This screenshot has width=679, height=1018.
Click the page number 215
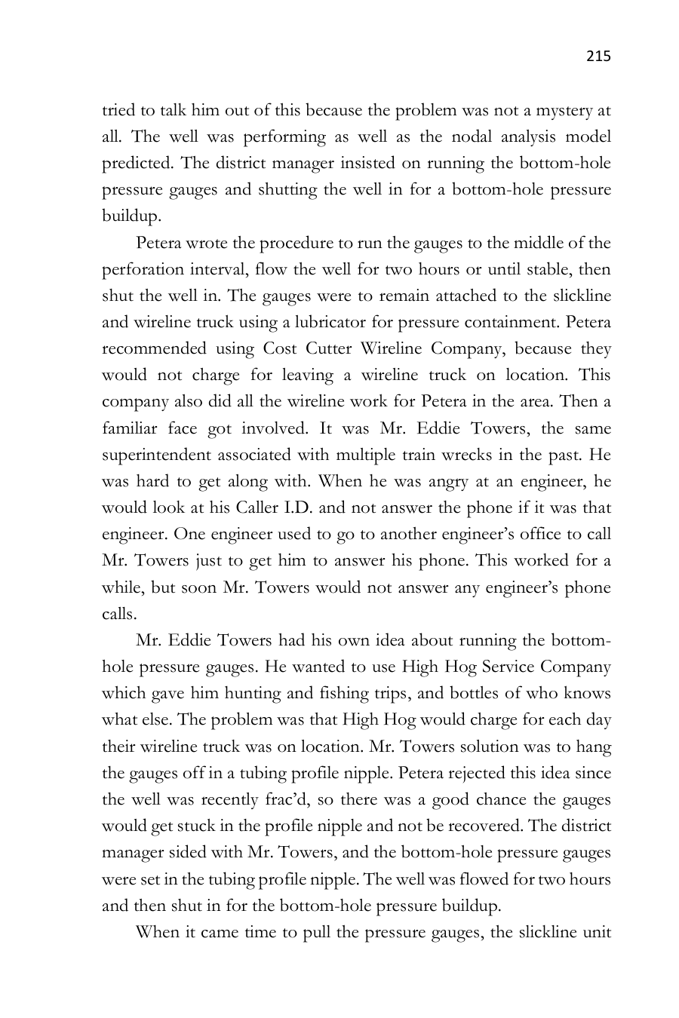pyautogui.click(x=598, y=57)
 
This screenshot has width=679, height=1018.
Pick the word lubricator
pyautogui.click(x=376, y=323)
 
